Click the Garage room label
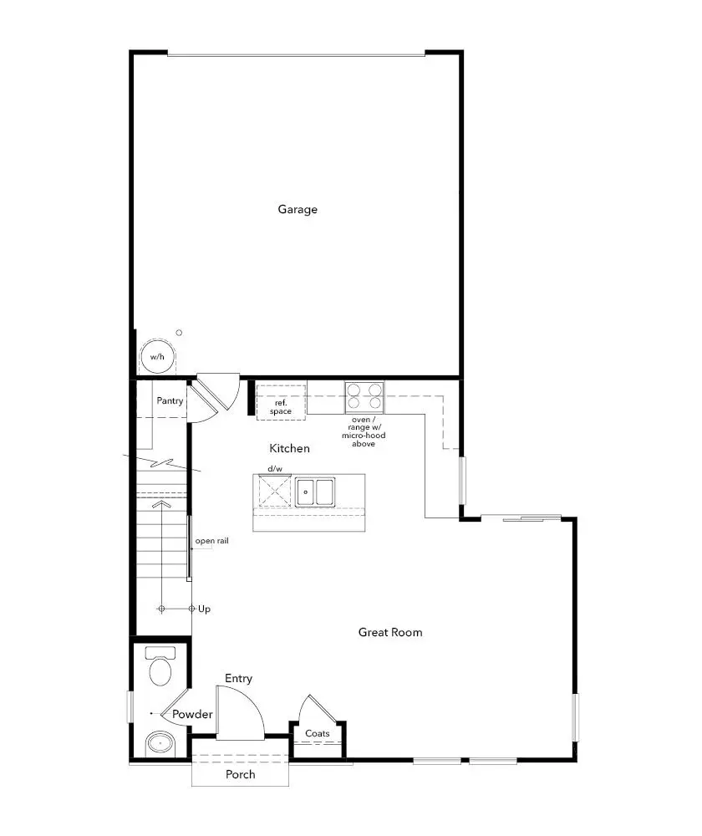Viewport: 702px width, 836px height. pos(298,209)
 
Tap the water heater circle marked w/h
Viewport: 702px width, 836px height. pos(156,357)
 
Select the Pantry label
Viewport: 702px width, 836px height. pos(170,401)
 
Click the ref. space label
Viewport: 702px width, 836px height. pos(280,407)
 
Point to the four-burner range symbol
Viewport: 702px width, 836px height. pos(364,396)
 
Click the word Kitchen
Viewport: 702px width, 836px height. pos(289,449)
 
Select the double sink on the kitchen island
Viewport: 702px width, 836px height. pos(314,492)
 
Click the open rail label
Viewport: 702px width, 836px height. pos(211,542)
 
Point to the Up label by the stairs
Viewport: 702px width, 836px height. pos(205,609)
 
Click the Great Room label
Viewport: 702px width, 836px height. pos(390,632)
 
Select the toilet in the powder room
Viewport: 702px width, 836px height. pos(159,666)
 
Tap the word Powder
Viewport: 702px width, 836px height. pos(192,715)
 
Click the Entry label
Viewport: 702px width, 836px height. pos(238,679)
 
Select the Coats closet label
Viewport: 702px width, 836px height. pos(318,734)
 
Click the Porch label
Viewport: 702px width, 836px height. pos(240,774)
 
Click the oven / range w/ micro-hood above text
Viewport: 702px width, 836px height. pos(364,431)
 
